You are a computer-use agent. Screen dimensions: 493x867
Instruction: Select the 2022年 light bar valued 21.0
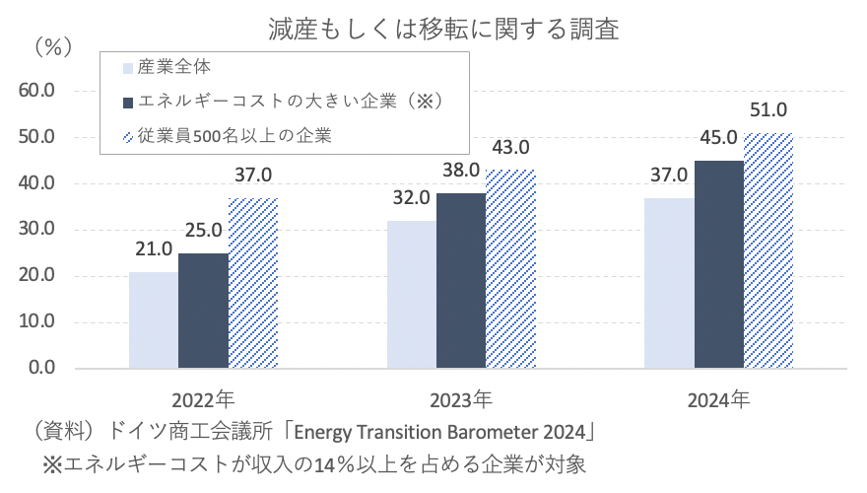pos(154,320)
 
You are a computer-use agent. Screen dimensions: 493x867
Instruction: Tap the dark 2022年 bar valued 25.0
pos(203,311)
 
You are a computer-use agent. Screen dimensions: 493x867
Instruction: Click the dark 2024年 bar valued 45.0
pos(719,264)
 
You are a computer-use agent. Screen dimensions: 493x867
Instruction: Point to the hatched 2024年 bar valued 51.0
pos(768,250)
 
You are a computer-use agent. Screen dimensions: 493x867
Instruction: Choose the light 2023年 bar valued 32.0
pos(412,295)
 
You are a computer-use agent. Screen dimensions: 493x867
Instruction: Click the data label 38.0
pos(461,171)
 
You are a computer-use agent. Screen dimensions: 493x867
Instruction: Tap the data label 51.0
pos(768,110)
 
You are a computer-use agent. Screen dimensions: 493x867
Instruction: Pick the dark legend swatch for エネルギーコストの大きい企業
pos(127,103)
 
